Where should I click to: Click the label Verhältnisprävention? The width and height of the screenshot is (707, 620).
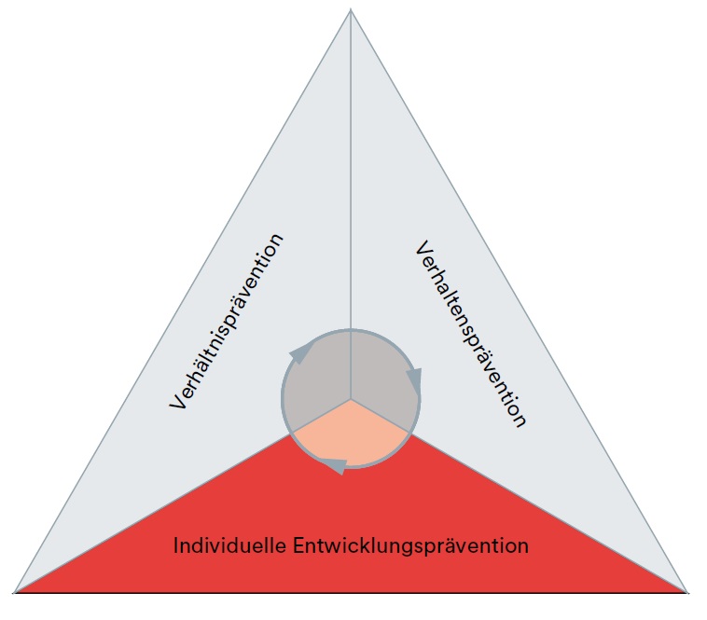pos(227,322)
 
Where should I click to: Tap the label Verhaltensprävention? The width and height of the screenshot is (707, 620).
pos(471,334)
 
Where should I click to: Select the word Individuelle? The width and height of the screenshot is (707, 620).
pos(229,545)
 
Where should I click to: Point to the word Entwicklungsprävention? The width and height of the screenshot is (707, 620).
pos(410,546)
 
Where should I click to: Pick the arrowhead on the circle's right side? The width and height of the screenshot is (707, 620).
pos(414,379)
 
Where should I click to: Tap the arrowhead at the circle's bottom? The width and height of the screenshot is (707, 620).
pos(337,466)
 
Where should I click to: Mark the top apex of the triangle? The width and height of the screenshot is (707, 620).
pos(351,9)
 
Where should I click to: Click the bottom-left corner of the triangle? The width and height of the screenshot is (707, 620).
pos(14,592)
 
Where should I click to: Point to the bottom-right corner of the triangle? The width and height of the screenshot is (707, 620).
pos(686,592)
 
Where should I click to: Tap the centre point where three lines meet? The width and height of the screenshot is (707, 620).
pos(351,399)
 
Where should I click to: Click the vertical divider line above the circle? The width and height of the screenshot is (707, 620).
pos(351,170)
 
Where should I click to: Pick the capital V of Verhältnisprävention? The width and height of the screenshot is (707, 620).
pos(177,400)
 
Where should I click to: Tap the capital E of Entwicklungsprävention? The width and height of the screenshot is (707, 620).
pos(299,545)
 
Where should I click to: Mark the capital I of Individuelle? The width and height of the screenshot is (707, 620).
pos(176,545)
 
